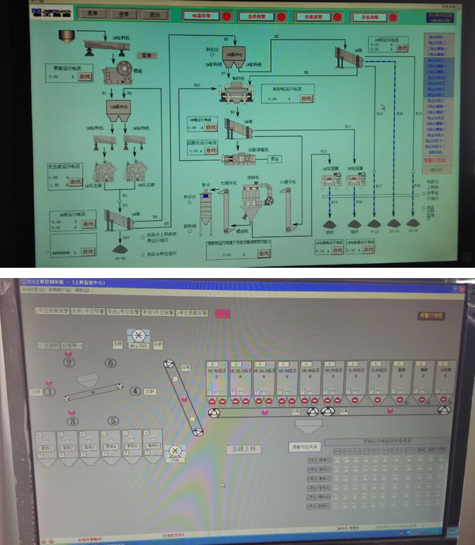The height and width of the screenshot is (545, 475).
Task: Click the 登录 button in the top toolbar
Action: pos(123,13)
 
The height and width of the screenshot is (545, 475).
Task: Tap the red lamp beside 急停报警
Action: pos(272,15)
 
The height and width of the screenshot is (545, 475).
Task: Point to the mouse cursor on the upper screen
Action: pos(383,107)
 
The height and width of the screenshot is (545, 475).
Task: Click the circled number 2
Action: pos(69,363)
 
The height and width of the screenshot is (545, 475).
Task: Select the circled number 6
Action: pos(111,363)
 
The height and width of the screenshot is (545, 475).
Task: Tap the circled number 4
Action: pos(135,391)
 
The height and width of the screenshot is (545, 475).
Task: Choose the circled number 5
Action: pos(113,421)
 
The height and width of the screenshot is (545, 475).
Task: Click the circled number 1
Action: pos(49,391)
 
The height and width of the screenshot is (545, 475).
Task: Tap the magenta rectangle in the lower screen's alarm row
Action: pos(223,313)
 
